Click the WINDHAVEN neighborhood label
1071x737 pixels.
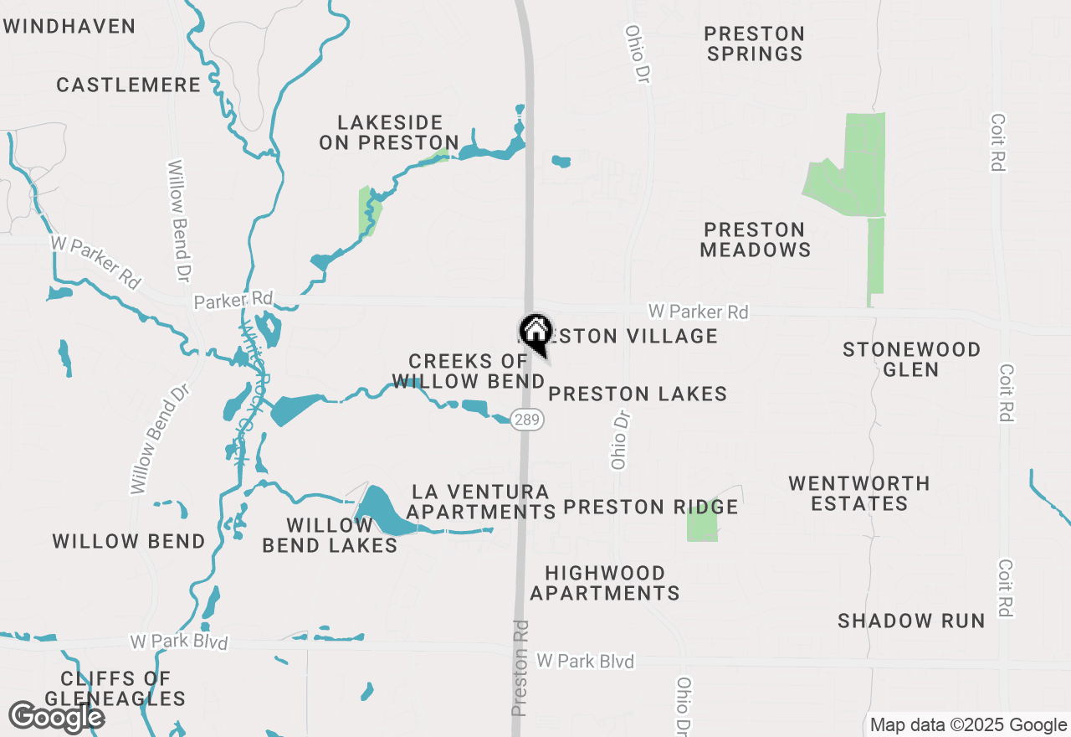(69, 26)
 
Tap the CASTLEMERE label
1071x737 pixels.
(129, 85)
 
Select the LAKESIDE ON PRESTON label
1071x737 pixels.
(389, 133)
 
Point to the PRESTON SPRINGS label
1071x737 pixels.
(754, 44)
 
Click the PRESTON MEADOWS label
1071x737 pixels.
(755, 240)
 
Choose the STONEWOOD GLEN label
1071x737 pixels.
(911, 359)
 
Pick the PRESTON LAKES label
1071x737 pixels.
(638, 394)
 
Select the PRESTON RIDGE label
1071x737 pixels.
(650, 507)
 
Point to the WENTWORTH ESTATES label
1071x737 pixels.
(859, 493)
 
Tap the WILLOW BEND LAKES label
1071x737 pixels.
(330, 535)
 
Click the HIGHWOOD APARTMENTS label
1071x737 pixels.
(605, 583)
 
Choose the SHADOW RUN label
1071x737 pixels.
(911, 621)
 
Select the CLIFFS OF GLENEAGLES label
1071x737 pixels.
(115, 688)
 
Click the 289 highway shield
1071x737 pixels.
(526, 420)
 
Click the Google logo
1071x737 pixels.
(56, 717)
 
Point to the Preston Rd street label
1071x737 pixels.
(520, 667)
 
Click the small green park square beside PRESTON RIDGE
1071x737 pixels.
(702, 523)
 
